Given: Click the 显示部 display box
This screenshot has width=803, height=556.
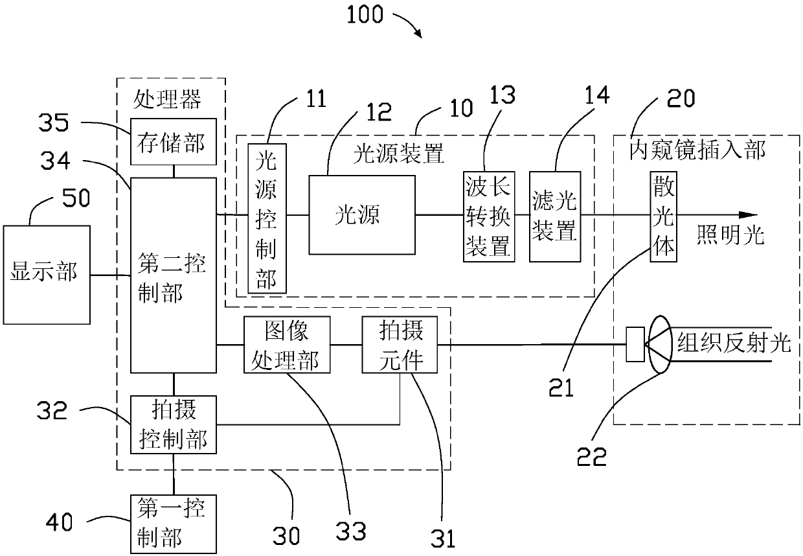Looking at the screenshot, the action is [x=47, y=275].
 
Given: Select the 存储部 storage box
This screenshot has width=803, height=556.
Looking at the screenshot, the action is [x=174, y=142].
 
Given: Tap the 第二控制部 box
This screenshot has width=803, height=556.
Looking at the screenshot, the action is [x=174, y=275].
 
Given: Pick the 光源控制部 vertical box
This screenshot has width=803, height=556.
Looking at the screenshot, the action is [x=267, y=218].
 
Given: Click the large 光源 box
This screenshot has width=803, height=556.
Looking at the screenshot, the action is [x=362, y=215].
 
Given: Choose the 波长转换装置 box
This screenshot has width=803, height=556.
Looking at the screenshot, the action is [x=489, y=216].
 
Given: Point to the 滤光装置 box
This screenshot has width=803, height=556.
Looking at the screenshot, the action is [x=555, y=216].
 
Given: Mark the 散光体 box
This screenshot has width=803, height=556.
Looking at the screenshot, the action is [x=663, y=216].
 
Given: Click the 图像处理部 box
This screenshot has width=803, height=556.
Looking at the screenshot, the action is [x=287, y=345].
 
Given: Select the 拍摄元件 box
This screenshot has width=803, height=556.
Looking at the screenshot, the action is [x=400, y=345].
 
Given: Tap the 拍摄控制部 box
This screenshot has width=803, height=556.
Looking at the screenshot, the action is [x=174, y=424].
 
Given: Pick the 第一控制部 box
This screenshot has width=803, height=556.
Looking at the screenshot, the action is [x=174, y=524].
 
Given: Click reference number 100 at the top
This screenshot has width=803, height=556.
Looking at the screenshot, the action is [x=365, y=15].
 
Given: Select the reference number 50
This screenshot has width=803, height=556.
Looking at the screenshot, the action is [x=76, y=198].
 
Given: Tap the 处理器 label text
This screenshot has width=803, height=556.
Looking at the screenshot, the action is [x=167, y=99].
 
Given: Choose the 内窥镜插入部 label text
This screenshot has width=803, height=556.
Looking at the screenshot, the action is [x=697, y=150].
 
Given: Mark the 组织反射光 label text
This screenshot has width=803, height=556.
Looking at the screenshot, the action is [x=734, y=342].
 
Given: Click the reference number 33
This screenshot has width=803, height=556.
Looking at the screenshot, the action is [x=350, y=531].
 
